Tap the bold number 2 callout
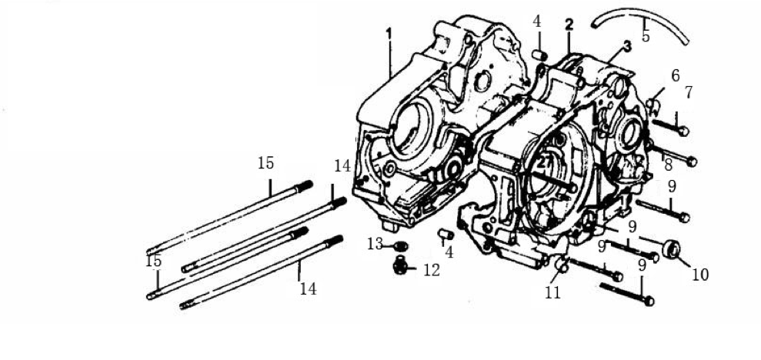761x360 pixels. [x=569, y=25]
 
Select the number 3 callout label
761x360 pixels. [x=628, y=47]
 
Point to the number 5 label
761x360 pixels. [x=646, y=36]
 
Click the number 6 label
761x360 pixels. [x=675, y=75]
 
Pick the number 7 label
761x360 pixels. [x=689, y=92]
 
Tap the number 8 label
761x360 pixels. [x=669, y=165]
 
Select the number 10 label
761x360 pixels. [x=700, y=275]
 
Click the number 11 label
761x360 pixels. [x=552, y=292]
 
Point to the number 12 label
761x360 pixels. [x=432, y=270]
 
